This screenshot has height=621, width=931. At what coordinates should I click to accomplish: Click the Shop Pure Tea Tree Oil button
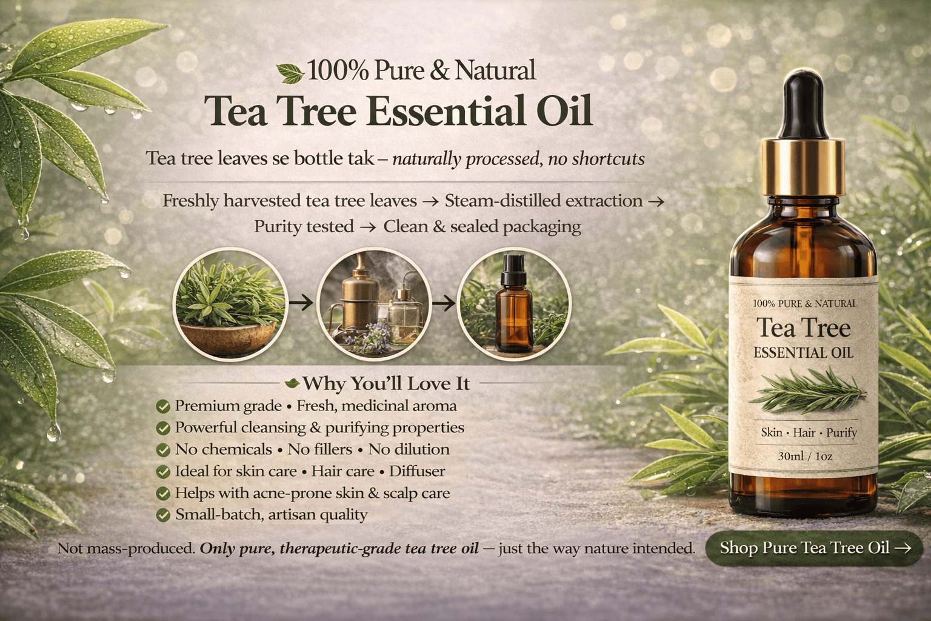(814, 548)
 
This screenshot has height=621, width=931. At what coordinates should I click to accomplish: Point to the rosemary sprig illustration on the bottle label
(807, 391)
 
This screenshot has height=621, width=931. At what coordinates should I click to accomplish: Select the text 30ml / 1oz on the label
(805, 456)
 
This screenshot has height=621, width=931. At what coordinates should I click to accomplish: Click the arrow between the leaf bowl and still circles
(301, 303)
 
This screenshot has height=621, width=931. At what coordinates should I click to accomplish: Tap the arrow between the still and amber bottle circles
(444, 303)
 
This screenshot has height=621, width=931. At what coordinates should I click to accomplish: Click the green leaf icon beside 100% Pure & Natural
(290, 73)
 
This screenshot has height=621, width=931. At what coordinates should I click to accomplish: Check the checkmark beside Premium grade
(163, 406)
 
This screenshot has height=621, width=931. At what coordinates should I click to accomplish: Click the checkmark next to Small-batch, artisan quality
(163, 515)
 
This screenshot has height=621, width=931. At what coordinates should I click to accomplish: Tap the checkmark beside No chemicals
(163, 449)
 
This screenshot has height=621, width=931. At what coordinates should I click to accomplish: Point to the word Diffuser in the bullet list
(417, 471)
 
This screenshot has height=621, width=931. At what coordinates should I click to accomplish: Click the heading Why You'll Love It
(386, 383)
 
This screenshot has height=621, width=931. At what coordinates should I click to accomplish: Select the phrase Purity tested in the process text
(304, 227)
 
